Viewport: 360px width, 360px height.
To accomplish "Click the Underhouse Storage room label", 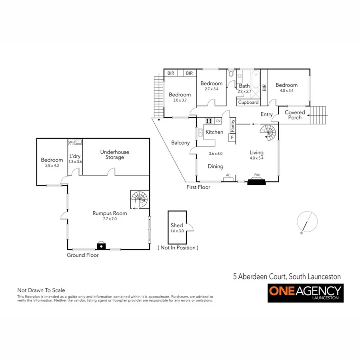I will click(115, 154).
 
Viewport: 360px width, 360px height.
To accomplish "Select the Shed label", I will click(176, 226).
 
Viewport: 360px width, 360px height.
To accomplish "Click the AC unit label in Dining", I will click(228, 175).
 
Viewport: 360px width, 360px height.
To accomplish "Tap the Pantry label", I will click(232, 126).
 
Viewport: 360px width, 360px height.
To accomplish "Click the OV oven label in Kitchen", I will click(218, 121).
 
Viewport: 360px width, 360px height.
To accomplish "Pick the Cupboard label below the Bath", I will click(248, 102).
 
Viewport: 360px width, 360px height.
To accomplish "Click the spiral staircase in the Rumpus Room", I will click(139, 199).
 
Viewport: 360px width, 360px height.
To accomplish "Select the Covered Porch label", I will click(295, 115).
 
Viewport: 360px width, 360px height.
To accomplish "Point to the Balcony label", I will click(180, 143).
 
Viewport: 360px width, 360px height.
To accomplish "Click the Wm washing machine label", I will click(72, 142).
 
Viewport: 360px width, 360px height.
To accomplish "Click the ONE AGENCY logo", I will click(306, 293).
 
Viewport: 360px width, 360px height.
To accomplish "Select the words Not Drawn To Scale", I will click(41, 290).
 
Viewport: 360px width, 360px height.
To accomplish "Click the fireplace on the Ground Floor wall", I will click(102, 246).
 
